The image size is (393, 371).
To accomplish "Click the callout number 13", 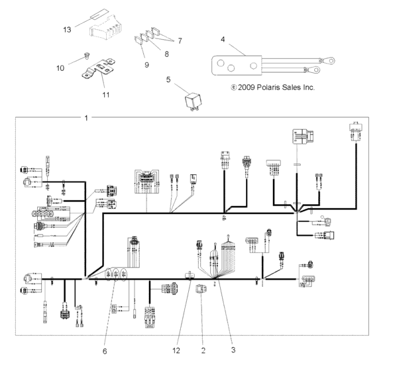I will click(67, 30).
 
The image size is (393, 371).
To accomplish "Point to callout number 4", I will click(223, 38).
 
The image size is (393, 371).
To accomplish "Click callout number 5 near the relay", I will click(168, 79).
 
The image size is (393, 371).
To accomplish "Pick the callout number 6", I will click(104, 350).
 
